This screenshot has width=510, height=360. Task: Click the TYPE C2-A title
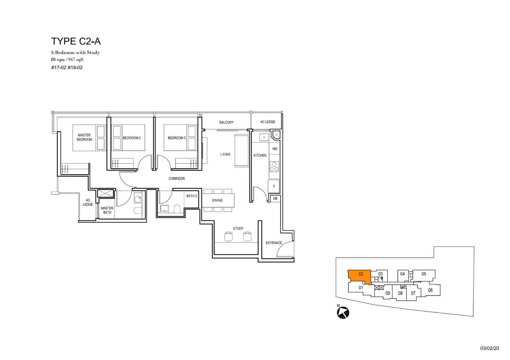(76, 41)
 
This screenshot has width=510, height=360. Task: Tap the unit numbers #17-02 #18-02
(67, 68)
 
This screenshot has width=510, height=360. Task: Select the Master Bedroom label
(84, 137)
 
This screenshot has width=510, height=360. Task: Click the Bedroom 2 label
(132, 138)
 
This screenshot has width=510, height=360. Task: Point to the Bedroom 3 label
(177, 138)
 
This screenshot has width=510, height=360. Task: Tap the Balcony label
(226, 122)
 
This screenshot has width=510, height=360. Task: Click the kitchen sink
(264, 137)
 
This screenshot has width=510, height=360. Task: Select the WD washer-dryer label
(275, 149)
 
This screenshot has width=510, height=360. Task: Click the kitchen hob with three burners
(274, 167)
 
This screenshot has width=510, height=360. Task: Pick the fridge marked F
(274, 186)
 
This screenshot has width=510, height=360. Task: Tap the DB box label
(275, 199)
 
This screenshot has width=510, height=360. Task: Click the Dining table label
(217, 200)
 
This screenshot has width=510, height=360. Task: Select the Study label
(238, 228)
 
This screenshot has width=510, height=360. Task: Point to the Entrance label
(274, 243)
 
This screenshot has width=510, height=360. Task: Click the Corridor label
(177, 179)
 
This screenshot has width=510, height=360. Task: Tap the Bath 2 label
(192, 196)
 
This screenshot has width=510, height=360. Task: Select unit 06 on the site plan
(430, 290)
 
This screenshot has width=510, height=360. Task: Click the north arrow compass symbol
(343, 312)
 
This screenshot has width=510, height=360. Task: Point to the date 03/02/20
(490, 348)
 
